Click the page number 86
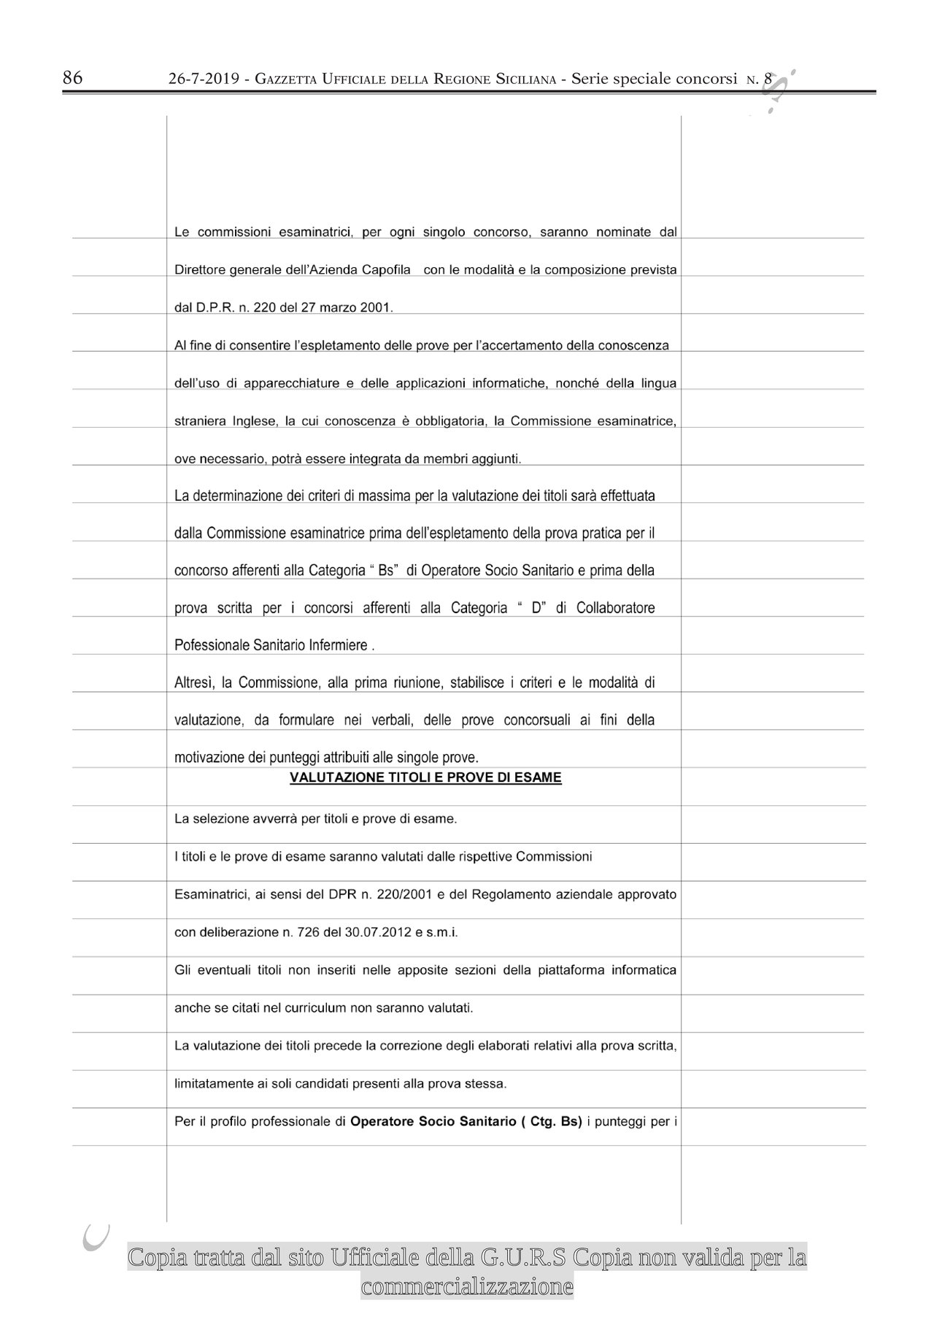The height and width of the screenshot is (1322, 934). (x=72, y=78)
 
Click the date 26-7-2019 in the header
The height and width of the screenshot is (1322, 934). (x=204, y=80)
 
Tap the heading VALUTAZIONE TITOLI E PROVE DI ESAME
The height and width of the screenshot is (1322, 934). (x=425, y=778)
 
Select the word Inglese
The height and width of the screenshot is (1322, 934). (x=255, y=421)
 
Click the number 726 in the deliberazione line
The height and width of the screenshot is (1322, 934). (x=301, y=933)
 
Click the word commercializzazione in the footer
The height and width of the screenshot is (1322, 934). (x=467, y=1286)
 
